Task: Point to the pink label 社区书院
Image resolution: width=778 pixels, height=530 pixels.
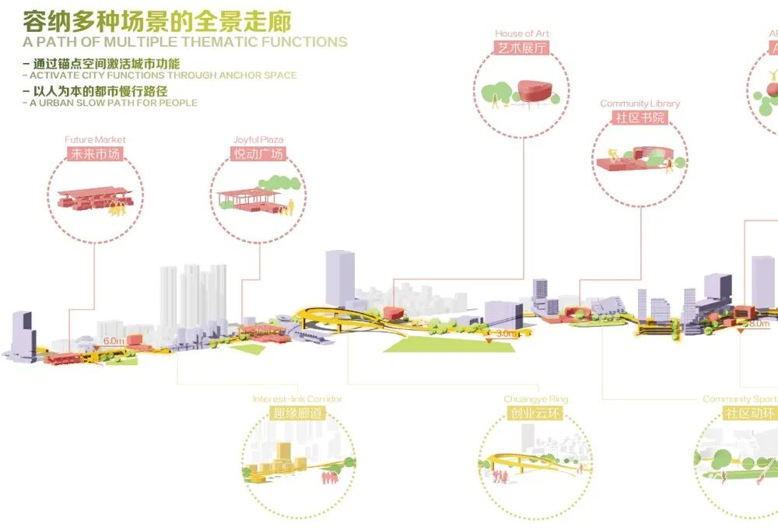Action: click(640, 117)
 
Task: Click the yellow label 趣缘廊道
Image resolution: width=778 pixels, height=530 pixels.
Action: click(297, 412)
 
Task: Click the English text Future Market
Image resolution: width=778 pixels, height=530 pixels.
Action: click(95, 140)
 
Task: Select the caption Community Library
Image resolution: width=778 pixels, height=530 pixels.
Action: click(640, 104)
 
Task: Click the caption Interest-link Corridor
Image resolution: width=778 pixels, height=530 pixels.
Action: click(297, 399)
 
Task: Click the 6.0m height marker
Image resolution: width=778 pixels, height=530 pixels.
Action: click(114, 341)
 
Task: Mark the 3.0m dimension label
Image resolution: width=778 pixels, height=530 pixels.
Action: click(506, 333)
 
